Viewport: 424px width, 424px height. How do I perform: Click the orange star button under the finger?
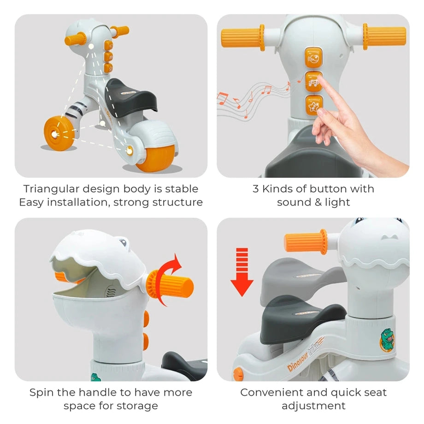[314, 105]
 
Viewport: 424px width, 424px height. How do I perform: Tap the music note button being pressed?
[314, 82]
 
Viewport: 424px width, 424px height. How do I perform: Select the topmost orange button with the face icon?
[314, 58]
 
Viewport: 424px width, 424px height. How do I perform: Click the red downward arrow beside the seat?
[242, 272]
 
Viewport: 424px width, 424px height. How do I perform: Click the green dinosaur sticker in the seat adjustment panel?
[387, 340]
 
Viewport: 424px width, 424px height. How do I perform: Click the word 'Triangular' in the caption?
[51, 189]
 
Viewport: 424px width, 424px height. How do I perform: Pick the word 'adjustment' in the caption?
[313, 406]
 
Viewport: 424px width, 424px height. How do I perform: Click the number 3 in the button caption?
[255, 189]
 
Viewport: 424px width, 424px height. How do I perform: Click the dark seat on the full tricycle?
[130, 97]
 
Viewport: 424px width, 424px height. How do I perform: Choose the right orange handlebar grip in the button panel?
[384, 36]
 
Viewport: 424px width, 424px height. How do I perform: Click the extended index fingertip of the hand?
[320, 78]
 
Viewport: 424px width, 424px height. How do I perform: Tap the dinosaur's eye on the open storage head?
[123, 242]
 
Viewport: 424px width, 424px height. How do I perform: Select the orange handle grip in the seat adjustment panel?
[306, 242]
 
